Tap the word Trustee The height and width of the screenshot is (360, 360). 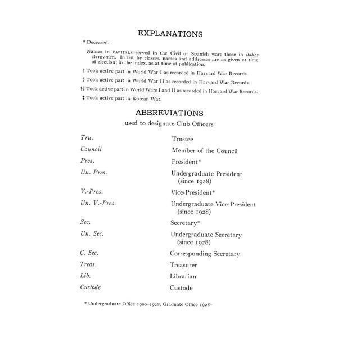coord(183,138)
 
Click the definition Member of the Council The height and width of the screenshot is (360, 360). coord(204,150)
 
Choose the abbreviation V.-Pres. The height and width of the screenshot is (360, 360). coord(93,192)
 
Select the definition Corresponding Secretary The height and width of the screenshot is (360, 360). coord(205,254)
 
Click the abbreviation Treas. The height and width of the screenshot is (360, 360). coord(89,264)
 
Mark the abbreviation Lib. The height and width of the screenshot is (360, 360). coord(86,276)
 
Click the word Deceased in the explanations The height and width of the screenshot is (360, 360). coord(100,42)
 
